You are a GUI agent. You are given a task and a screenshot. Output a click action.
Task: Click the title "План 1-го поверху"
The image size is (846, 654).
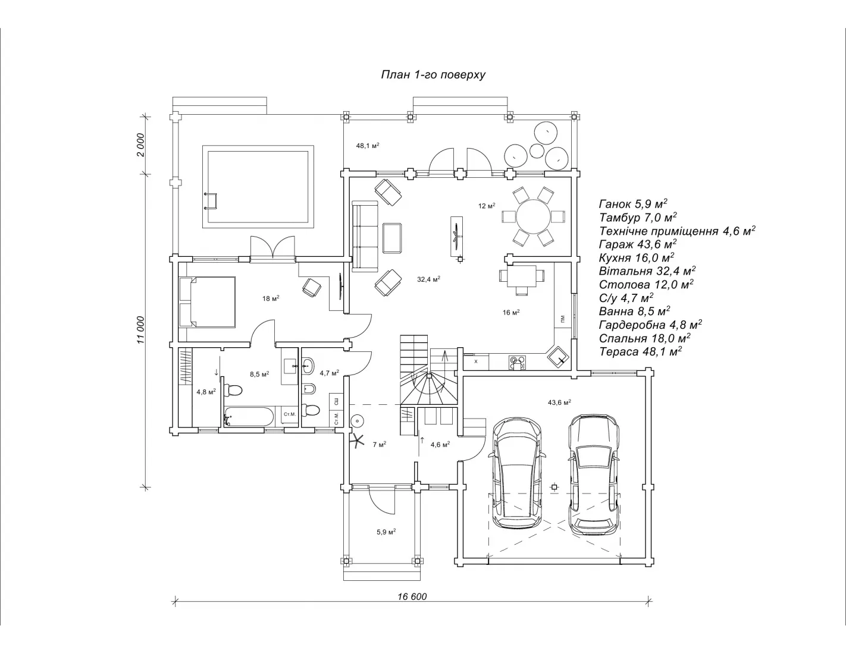pyautogui.click(x=433, y=75)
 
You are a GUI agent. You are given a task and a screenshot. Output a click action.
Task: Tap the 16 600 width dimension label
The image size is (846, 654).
pyautogui.click(x=412, y=596)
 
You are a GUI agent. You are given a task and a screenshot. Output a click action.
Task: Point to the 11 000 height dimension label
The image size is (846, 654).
pyautogui.click(x=140, y=329)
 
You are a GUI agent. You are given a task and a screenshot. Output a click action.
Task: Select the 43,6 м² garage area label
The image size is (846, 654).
pyautogui.click(x=559, y=403)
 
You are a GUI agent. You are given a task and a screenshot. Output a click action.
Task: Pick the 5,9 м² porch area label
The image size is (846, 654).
pyautogui.click(x=386, y=532)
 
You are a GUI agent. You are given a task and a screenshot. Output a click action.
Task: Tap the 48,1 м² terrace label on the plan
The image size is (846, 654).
pyautogui.click(x=368, y=146)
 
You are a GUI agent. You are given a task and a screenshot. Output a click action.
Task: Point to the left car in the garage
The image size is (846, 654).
pyautogui.click(x=517, y=474)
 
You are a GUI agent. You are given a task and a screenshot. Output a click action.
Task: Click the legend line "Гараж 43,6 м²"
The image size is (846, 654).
pyautogui.click(x=637, y=244)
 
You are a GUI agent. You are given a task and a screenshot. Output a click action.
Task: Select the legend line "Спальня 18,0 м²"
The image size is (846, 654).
pyautogui.click(x=644, y=338)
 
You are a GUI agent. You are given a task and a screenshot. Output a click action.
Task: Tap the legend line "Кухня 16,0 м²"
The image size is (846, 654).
pyautogui.click(x=636, y=257)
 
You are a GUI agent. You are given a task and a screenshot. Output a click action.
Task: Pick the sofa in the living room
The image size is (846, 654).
pyautogui.click(x=365, y=237)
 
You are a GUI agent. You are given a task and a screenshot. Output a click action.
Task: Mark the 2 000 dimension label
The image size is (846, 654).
pyautogui.click(x=140, y=144)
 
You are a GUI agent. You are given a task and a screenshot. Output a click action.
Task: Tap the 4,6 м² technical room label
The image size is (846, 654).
pyautogui.click(x=440, y=444)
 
